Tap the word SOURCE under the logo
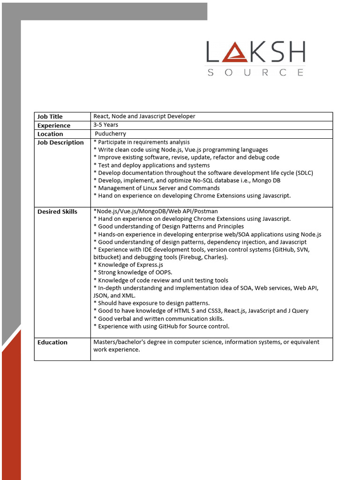pos(255,73)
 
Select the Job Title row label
pos(50,117)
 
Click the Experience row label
pos(54,126)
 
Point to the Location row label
pos(50,134)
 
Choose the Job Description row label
pos(60,142)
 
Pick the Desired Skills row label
pos(57,212)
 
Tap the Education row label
pos(52,343)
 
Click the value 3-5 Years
pos(106,125)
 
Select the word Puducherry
pos(111,134)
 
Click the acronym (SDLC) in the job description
pos(305,173)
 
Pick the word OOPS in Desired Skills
pos(164,272)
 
